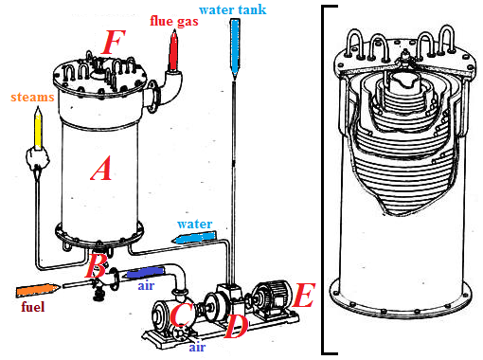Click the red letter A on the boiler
click(x=101, y=169)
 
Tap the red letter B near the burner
click(x=96, y=266)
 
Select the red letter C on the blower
click(x=181, y=315)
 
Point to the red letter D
click(x=236, y=326)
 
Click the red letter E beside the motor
click(x=304, y=295)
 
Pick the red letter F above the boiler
click(x=114, y=42)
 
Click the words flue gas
click(x=174, y=21)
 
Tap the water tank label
click(x=233, y=9)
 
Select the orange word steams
click(x=32, y=97)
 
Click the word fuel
click(x=33, y=307)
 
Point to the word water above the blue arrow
click(x=195, y=224)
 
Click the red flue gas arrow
click(x=173, y=50)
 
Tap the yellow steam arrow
click(x=38, y=128)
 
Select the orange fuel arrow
click(x=38, y=290)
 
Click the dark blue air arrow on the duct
click(x=144, y=273)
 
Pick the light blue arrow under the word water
click(x=193, y=238)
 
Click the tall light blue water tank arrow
click(x=235, y=48)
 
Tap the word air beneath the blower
click(x=197, y=347)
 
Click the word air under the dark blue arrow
click(x=146, y=286)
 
